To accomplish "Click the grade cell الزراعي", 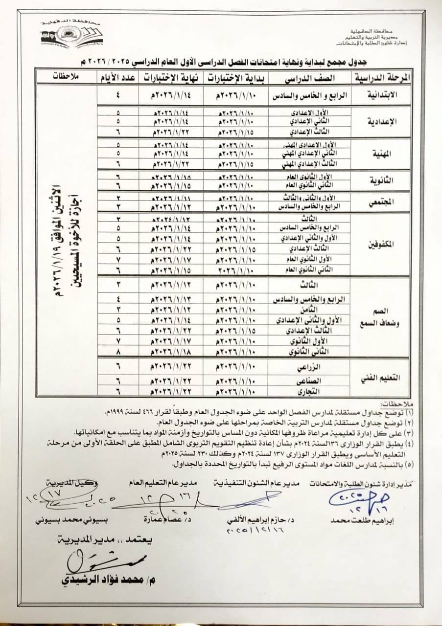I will pyautogui.click(x=310, y=366).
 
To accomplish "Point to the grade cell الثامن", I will pyautogui.click(x=310, y=310).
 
